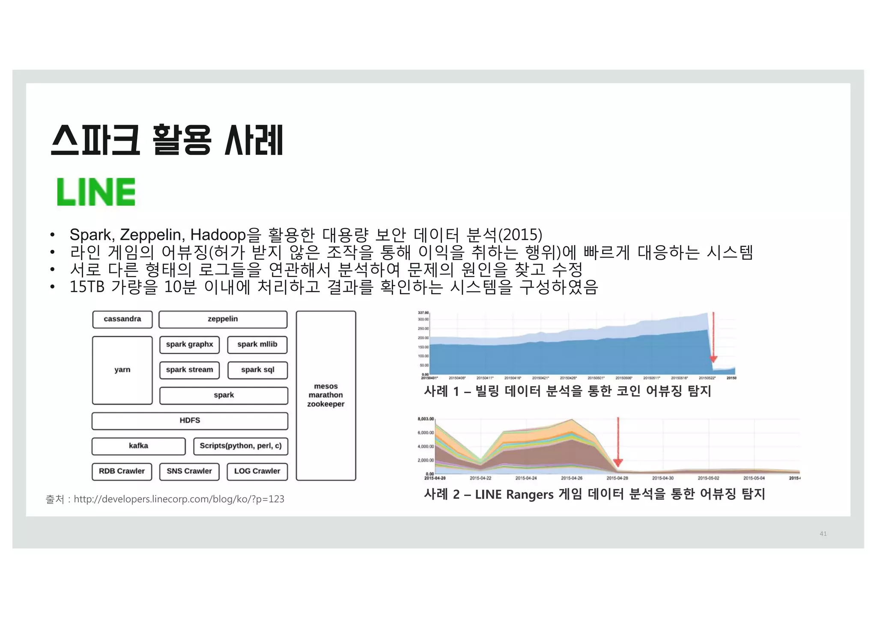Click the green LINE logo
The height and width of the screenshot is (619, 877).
(x=96, y=192)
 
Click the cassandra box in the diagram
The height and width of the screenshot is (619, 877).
(x=122, y=319)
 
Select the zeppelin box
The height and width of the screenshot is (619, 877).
(x=223, y=319)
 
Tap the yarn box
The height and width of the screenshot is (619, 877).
(x=122, y=370)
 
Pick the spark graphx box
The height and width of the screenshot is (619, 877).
(x=189, y=344)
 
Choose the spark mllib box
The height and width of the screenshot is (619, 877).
(x=257, y=344)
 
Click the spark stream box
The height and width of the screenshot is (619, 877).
(x=189, y=370)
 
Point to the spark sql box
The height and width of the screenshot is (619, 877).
(x=257, y=370)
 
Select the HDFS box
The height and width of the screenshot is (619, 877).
(x=190, y=421)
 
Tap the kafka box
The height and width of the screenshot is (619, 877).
(x=138, y=446)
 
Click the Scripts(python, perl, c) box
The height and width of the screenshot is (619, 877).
(x=240, y=446)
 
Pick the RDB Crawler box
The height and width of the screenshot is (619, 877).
(x=122, y=471)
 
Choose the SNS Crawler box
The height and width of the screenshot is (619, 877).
(x=189, y=471)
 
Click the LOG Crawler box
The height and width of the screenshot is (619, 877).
(x=257, y=471)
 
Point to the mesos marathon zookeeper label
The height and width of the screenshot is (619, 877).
(x=325, y=395)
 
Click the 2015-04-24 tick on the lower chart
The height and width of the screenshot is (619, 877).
(x=526, y=478)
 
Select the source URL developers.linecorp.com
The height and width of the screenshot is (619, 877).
(x=179, y=499)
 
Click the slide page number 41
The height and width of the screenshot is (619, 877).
(x=823, y=533)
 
